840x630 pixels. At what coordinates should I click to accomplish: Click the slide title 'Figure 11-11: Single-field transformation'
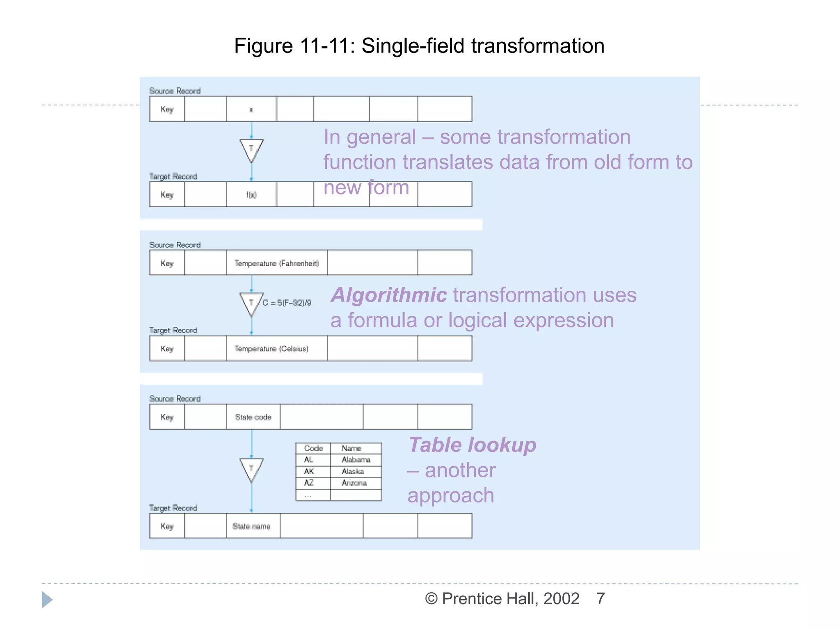(x=419, y=46)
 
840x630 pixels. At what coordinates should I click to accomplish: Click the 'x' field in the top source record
(x=251, y=110)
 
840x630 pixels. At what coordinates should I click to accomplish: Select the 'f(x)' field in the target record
(x=251, y=195)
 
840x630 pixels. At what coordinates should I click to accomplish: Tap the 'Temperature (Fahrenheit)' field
(x=276, y=263)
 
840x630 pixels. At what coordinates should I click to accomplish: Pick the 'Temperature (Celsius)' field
(x=272, y=349)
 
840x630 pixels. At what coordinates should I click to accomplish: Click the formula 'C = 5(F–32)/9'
(x=287, y=303)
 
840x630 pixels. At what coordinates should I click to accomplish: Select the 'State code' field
(x=253, y=417)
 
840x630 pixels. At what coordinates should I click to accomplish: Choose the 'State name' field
(x=251, y=526)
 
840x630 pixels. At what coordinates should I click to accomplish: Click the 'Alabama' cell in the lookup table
(x=356, y=460)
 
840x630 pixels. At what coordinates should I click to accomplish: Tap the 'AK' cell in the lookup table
(x=309, y=471)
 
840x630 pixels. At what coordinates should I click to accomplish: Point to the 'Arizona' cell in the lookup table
(x=354, y=483)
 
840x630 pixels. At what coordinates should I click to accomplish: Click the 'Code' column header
(x=313, y=448)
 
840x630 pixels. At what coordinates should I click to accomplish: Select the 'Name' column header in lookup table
(x=351, y=448)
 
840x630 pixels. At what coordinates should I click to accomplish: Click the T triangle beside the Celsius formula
(x=251, y=303)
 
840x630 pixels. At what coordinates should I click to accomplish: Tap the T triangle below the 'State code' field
(x=251, y=468)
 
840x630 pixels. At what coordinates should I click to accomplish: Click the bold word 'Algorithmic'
(x=389, y=295)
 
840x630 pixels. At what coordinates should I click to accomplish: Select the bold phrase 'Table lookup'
(x=472, y=445)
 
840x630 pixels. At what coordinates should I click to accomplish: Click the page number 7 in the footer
(x=600, y=599)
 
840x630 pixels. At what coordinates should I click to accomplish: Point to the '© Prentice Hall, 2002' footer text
(x=502, y=599)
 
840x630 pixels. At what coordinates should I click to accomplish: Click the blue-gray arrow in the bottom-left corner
(x=47, y=600)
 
